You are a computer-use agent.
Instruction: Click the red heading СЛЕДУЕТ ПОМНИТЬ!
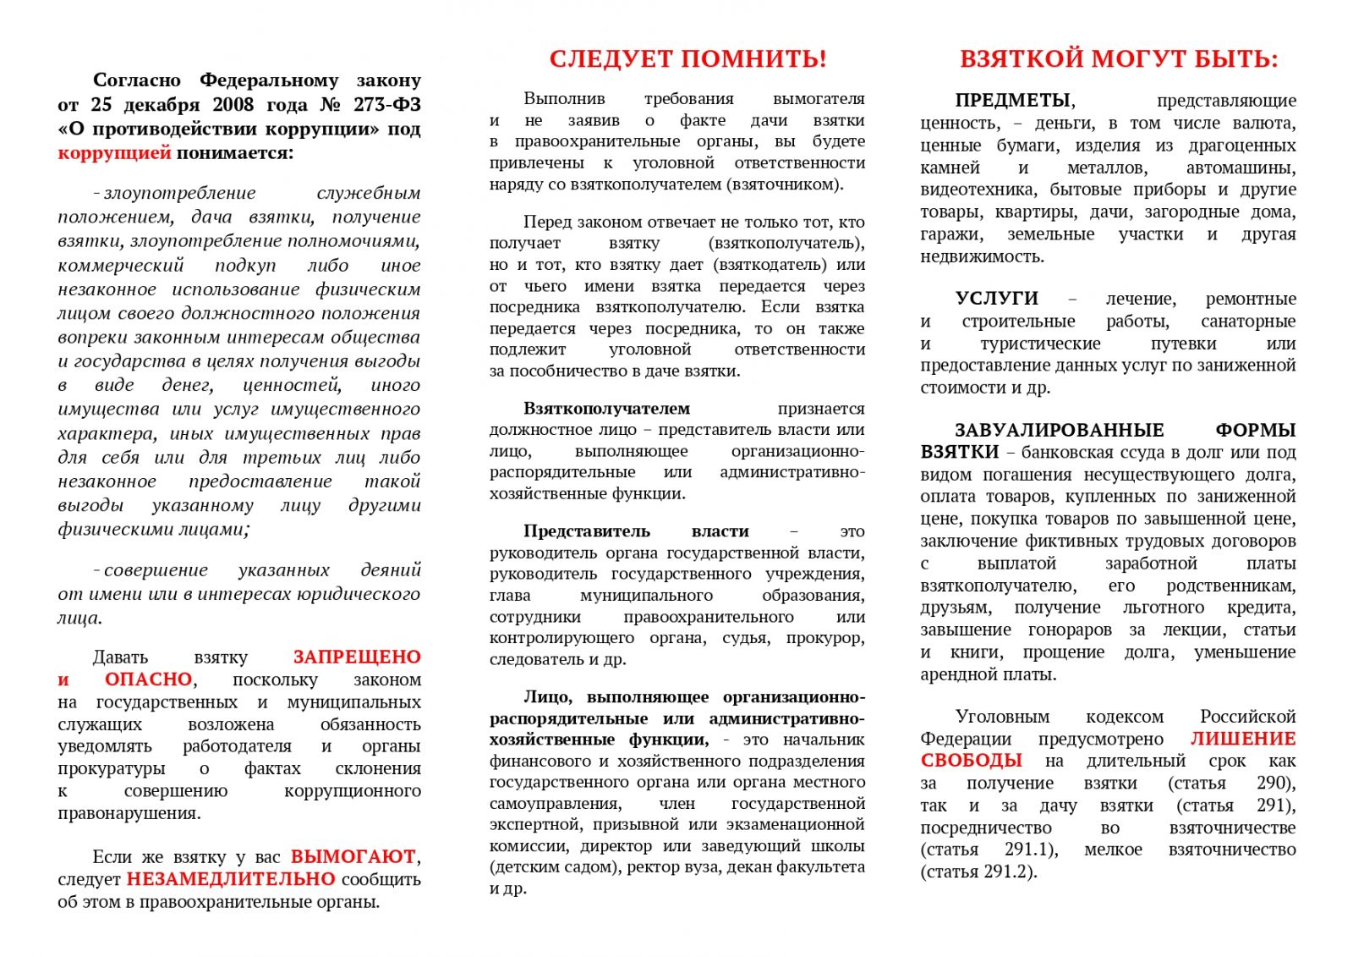[x=687, y=59]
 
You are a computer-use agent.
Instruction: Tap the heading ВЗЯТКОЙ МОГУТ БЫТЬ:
[x=1119, y=59]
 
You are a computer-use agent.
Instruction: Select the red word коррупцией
[x=114, y=153]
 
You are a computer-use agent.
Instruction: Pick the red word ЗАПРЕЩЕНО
[x=357, y=657]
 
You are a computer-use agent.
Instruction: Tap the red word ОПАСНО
[x=149, y=679]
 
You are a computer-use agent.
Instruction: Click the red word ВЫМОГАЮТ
[x=353, y=856]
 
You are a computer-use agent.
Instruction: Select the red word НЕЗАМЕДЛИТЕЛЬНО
[x=231, y=879]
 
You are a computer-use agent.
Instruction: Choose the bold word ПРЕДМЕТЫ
[x=1013, y=101]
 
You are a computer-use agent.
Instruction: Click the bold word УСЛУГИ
[x=997, y=299]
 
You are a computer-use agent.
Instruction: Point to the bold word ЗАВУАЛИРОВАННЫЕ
[x=1060, y=430]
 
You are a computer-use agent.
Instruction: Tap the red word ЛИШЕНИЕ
[x=1243, y=739]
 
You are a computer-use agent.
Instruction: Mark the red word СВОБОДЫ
[x=972, y=761]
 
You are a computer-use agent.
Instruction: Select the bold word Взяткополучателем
[x=606, y=409]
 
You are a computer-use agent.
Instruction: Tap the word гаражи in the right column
[x=951, y=234]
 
